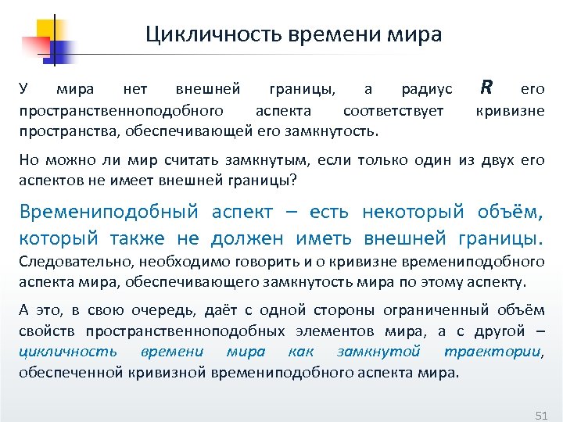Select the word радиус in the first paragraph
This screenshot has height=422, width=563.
coord(427,90)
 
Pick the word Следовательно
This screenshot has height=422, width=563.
coord(63,261)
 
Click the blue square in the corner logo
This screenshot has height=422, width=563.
coord(59,51)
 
